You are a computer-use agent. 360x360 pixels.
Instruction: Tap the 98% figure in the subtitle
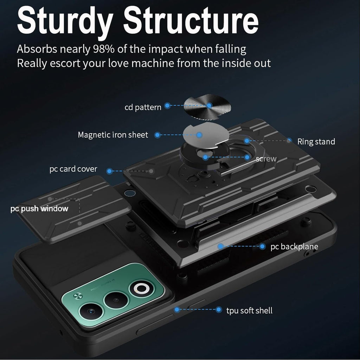[104, 49]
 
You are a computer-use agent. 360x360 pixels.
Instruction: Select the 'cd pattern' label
[143, 108]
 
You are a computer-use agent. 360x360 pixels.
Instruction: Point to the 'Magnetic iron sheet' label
[113, 135]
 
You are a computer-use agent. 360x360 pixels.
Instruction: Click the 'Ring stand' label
[316, 142]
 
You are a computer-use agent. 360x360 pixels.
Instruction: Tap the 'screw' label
[266, 159]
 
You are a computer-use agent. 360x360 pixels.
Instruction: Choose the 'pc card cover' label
[73, 169]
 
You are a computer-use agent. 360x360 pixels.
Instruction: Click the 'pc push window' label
[39, 209]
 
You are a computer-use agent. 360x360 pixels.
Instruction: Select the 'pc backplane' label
[294, 246]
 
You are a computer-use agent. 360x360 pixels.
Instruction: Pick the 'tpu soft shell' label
[249, 311]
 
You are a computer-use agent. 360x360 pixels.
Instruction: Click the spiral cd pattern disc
[207, 107]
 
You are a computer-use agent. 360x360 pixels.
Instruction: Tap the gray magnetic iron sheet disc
[206, 135]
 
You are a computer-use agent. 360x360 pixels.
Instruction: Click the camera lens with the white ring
[141, 288]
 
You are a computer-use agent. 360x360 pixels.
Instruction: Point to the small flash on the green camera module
[78, 296]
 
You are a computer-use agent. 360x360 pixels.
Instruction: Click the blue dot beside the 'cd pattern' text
[168, 105]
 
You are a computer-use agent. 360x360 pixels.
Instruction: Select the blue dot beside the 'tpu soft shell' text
[219, 310]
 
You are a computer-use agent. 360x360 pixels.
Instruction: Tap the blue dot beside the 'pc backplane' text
[262, 246]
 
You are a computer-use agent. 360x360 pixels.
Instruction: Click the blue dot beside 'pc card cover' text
[110, 171]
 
